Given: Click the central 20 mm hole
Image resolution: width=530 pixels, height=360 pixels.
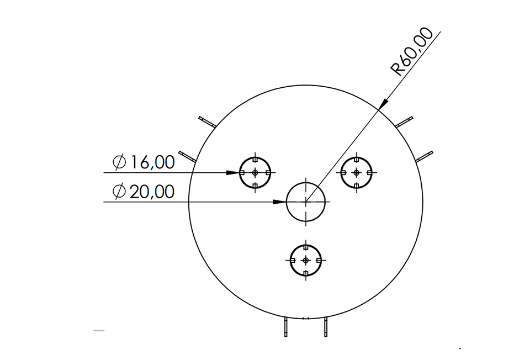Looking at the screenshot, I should pos(306,202).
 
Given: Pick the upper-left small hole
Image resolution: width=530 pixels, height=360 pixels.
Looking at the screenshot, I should pos(255,173).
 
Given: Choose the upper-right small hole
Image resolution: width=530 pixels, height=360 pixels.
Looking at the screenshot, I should pos(356,172).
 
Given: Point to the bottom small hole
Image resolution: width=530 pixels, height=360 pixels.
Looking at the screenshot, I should pos(306,260).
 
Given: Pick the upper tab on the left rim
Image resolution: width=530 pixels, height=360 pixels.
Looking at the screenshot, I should pos(206,121).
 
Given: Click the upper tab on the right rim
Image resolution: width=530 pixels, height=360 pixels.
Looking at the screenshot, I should pos(404,121).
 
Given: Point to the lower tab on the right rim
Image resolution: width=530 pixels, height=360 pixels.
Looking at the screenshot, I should pos(424,156).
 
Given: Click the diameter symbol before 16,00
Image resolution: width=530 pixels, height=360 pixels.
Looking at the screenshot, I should pos(119,162).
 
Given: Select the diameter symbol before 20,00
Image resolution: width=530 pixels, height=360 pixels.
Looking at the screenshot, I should pos(119,192).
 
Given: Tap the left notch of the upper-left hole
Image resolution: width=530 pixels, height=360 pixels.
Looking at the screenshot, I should pos(242,173).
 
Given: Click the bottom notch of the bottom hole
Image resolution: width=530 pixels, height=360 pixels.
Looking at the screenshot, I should pos(306,272).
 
